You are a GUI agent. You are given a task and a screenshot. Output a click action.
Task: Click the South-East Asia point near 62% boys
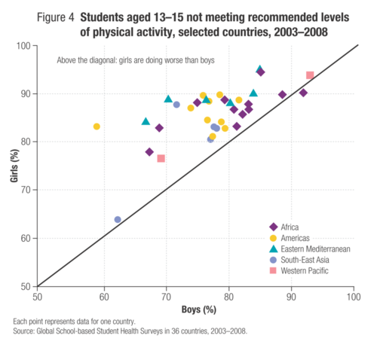(x=118, y=219)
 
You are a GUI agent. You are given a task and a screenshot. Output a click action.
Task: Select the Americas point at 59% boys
(x=97, y=127)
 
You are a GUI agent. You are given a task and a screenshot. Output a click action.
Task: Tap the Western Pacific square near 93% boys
(x=310, y=75)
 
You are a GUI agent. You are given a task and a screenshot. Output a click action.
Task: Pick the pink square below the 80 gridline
(x=161, y=158)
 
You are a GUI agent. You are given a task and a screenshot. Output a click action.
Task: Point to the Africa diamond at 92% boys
(x=303, y=93)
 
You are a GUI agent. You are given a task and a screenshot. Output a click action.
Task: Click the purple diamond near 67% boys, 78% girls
(x=149, y=152)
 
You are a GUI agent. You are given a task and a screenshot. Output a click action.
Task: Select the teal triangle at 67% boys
(x=146, y=122)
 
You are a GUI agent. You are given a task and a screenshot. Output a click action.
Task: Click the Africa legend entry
(x=284, y=227)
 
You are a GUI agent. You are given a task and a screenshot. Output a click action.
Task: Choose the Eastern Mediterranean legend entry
(x=310, y=249)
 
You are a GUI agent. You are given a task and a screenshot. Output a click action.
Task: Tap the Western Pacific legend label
(x=305, y=270)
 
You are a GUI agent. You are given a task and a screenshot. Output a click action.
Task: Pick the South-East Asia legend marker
(x=273, y=260)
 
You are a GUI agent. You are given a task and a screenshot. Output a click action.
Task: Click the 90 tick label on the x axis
(x=291, y=297)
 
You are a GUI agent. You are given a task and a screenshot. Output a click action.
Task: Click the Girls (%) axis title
(x=14, y=166)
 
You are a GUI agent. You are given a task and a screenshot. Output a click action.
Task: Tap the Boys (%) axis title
(x=199, y=310)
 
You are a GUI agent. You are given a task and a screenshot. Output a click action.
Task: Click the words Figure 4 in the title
(x=56, y=17)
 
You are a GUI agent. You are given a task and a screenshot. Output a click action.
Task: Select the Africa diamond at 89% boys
(x=283, y=95)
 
